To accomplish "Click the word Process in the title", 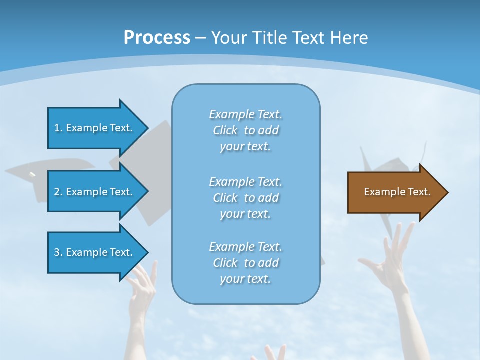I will pos(157,38).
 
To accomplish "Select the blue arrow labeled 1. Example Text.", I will pos(95,128).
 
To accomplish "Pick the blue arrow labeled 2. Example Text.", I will pos(95,192).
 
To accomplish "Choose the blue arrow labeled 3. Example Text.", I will pos(95,252).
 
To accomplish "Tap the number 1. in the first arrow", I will pos(58,128).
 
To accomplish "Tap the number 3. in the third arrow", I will pos(58,252).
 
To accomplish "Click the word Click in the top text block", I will pos(225,130).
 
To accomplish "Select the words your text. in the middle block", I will pos(245,214).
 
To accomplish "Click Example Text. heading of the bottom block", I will pos(245,247).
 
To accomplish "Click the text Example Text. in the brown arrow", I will pos(397,192).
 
